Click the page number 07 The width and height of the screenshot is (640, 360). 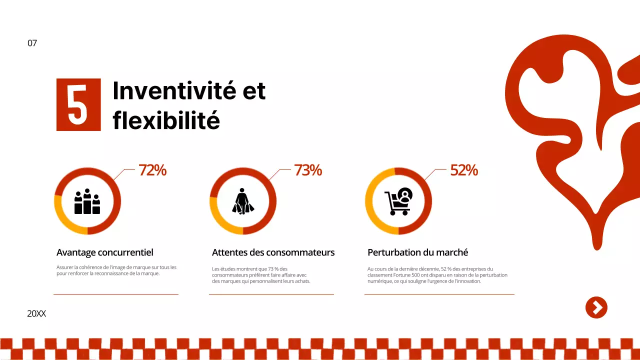32,43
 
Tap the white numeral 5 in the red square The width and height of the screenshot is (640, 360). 78,105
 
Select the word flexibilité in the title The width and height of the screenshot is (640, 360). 166,120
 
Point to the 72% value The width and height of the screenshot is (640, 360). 152,170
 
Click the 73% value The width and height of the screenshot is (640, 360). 308,170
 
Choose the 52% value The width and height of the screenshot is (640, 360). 464,170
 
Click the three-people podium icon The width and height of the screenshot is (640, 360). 87,201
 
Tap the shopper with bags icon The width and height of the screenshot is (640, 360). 243,201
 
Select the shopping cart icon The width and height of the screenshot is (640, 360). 398,201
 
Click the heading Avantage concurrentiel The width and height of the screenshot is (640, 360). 105,252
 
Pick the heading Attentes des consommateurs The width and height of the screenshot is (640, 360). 273,252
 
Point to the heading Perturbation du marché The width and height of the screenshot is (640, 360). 417,252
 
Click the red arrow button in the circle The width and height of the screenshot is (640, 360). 596,307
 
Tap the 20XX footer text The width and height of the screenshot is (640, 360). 36,314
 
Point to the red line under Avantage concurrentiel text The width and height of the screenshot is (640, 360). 116,294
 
